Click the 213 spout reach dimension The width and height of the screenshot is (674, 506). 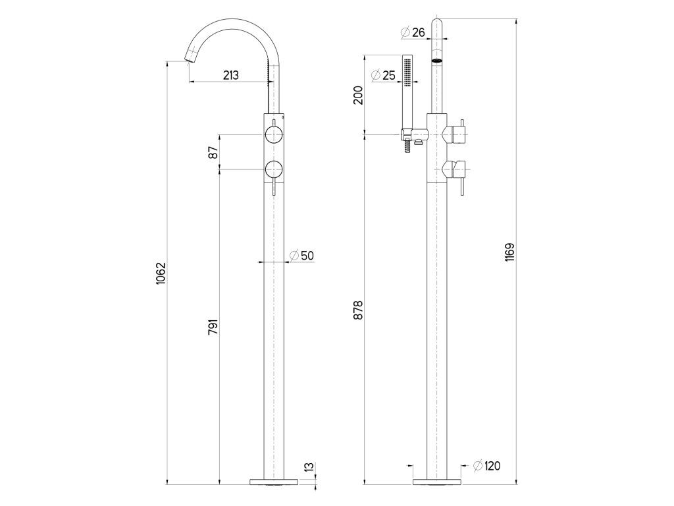tap(231, 75)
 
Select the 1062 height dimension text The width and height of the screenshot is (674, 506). tap(161, 273)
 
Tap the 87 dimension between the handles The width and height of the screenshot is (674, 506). tap(214, 152)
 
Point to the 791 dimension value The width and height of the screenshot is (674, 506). tap(214, 327)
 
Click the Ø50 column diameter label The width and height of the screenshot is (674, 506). tap(301, 256)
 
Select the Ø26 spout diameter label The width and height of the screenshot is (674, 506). tap(412, 32)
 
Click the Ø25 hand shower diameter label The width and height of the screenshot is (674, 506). tap(382, 75)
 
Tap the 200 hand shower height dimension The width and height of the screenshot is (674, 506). tap(359, 95)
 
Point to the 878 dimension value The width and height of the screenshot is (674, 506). tap(359, 310)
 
